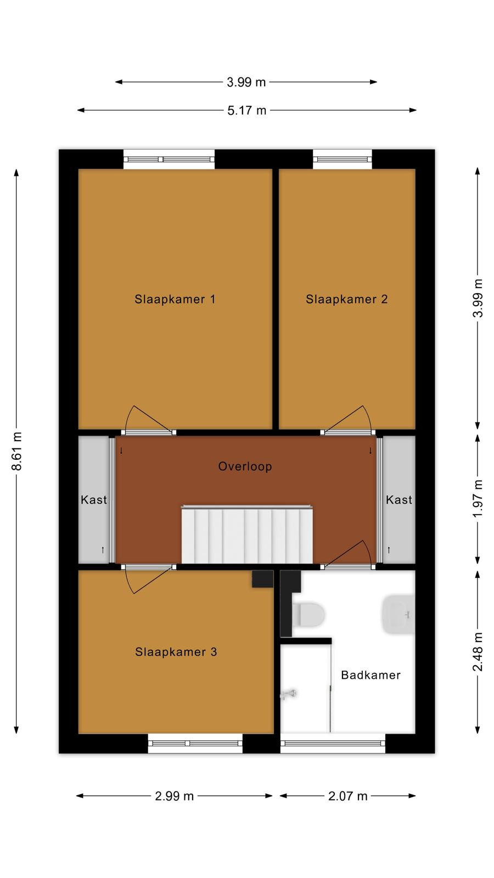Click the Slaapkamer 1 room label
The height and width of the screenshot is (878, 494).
175,300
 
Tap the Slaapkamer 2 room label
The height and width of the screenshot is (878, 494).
346,300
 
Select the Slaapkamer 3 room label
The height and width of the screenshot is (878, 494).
176,652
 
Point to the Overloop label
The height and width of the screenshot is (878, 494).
245,466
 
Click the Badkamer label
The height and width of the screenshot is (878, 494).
371,675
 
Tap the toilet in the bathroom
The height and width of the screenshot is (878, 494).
308,614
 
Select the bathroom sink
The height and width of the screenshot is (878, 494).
398,614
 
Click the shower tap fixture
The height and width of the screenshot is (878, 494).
289,694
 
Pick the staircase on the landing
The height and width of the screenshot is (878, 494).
247,534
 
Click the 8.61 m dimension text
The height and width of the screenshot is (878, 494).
17,451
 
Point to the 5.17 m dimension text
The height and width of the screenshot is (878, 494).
246,110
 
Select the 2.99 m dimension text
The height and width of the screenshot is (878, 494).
175,796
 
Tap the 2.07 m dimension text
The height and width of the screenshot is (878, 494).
348,796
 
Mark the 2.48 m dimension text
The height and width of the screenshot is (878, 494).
478,652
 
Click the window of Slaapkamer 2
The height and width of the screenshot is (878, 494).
343,159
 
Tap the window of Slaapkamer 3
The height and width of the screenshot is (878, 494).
195,743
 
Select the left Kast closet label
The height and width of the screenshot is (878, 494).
94,500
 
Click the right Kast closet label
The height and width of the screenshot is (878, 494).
399,500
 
